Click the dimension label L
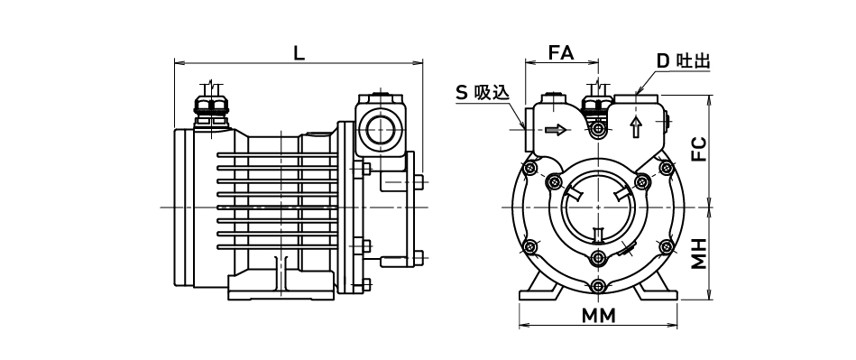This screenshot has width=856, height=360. [299, 53]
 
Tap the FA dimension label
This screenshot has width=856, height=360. [561, 53]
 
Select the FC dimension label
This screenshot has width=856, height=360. [699, 149]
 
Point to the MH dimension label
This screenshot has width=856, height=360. [699, 254]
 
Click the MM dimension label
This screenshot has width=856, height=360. [598, 316]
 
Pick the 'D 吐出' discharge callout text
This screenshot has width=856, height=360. [684, 60]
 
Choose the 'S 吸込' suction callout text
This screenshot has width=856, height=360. [483, 93]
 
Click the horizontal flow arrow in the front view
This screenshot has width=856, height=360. [556, 130]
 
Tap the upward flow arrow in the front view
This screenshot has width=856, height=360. [635, 126]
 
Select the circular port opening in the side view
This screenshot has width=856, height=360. [381, 131]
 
